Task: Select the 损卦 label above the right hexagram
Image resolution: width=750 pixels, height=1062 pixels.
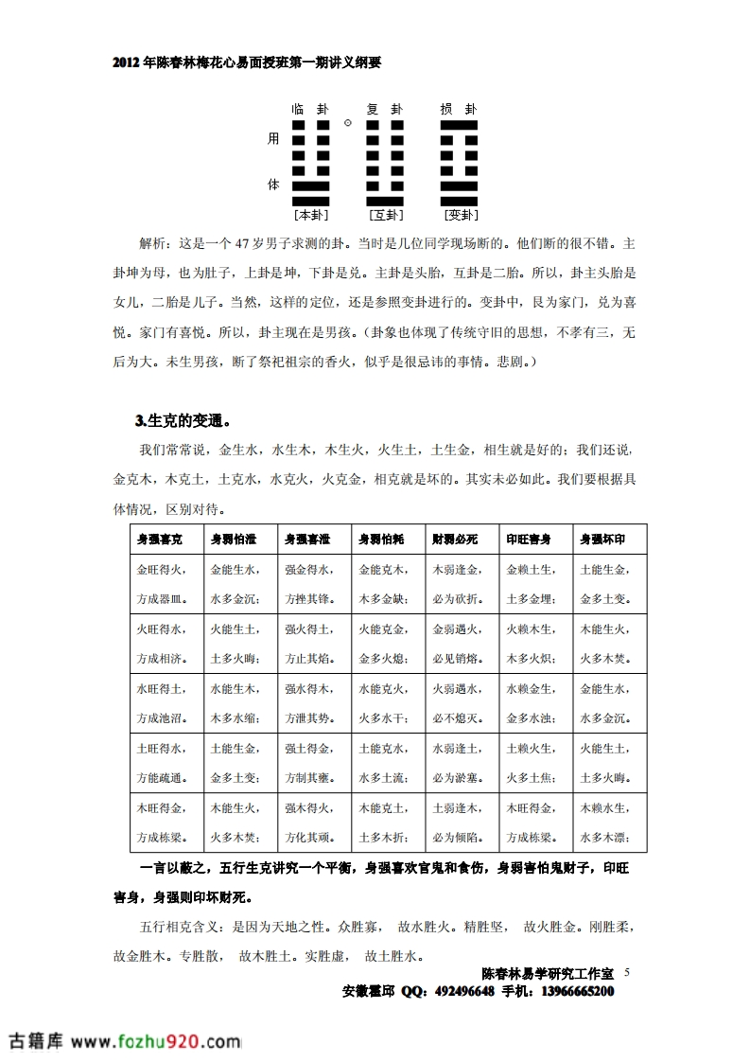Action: coord(459,109)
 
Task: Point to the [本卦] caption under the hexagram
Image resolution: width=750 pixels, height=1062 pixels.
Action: coord(310,215)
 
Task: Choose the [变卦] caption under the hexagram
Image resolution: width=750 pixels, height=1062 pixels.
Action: coord(459,215)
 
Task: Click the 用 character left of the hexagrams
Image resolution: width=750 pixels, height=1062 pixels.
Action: coord(273,139)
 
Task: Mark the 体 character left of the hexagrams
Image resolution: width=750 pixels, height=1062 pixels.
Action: coord(273,185)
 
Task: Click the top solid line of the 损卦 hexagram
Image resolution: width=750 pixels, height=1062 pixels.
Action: coord(459,125)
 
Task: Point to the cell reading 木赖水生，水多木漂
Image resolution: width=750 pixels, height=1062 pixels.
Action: coord(609,823)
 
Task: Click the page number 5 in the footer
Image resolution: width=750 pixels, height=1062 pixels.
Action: coord(626,972)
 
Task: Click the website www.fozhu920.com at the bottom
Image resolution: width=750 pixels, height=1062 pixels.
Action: coord(157,1041)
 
